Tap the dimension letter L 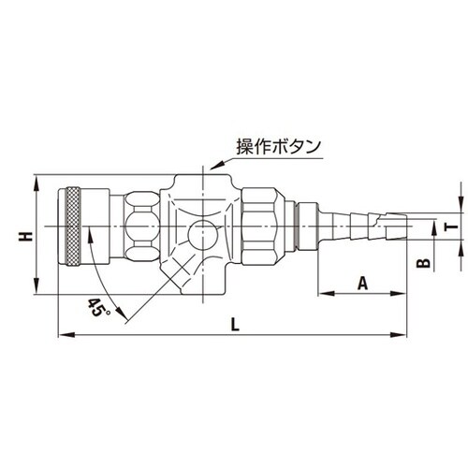pos(234,324)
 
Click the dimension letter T pos(452,225)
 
